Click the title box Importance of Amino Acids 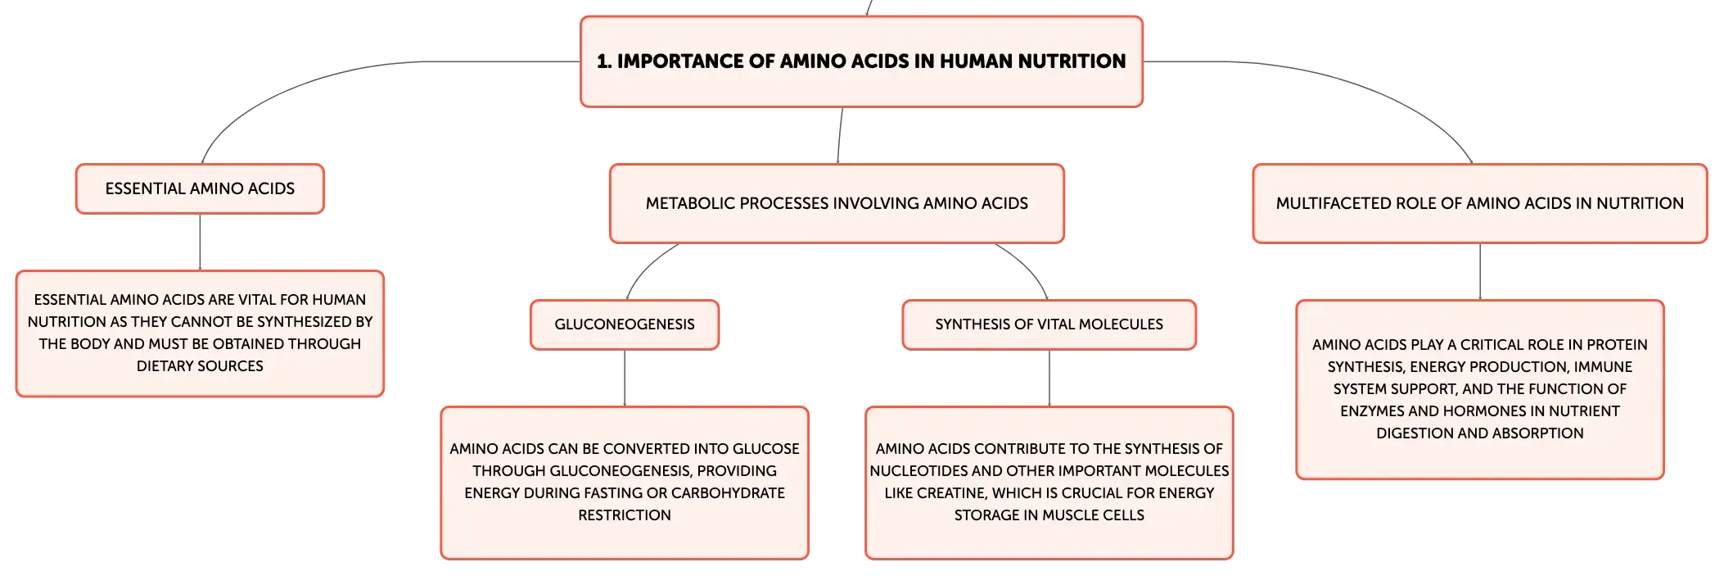tap(861, 61)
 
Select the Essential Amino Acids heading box tap(200, 188)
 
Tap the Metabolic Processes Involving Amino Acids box tap(837, 203)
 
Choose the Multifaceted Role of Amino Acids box tap(1479, 203)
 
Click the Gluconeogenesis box tap(625, 324)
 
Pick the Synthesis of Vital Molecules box tap(1049, 324)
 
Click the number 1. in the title tap(604, 61)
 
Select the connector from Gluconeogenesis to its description tap(625, 378)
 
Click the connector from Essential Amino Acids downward tap(200, 242)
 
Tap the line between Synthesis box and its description tap(1049, 378)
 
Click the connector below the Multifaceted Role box tap(1480, 271)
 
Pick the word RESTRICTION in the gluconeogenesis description tap(625, 515)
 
